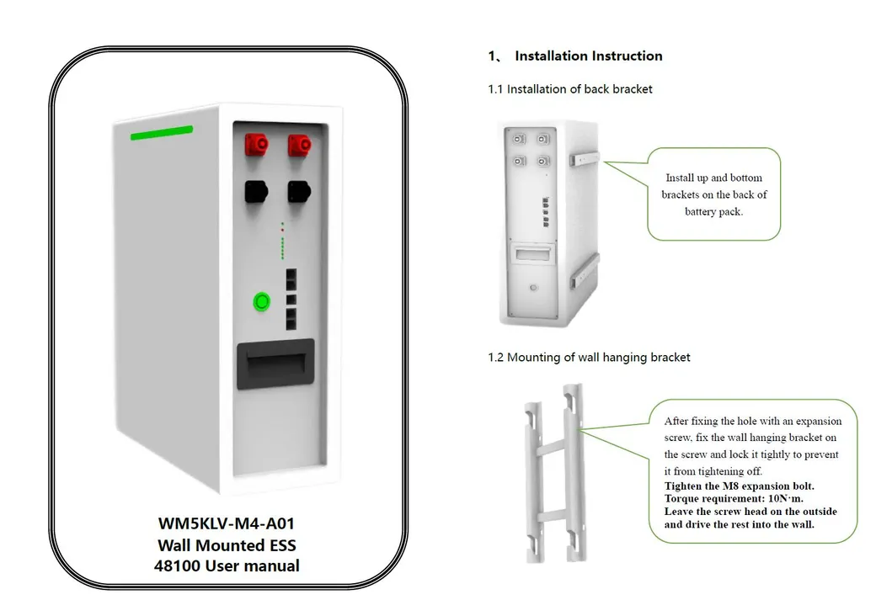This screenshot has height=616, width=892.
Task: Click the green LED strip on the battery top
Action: [x=162, y=132]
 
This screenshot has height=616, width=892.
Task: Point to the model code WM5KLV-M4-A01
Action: [x=227, y=523]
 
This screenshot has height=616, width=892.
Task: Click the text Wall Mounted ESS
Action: [x=227, y=544]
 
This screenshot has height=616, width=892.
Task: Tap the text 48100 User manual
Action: [x=227, y=566]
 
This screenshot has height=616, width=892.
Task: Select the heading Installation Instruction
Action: [x=588, y=56]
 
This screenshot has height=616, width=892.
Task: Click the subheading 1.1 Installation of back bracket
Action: [x=570, y=88]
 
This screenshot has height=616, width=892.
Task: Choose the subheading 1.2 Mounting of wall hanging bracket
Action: [x=589, y=357]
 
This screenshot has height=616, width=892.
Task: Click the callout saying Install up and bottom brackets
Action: [x=713, y=194]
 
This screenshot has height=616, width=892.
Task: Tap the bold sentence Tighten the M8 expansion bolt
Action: [x=739, y=486]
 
